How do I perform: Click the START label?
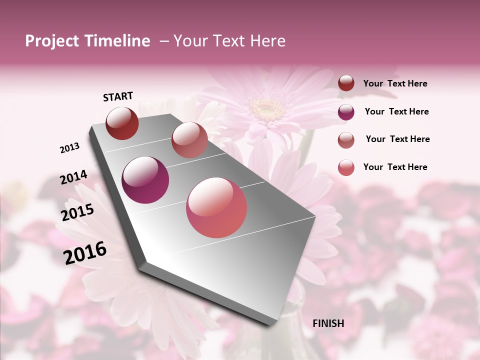tap(118, 96)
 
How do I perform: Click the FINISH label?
tap(328, 323)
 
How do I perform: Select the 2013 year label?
tap(69, 148)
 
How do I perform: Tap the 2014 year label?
tap(74, 177)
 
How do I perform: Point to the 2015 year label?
tap(77, 212)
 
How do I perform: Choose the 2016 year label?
tap(85, 253)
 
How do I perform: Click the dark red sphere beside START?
tap(122, 123)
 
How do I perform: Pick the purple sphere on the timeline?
tap(145, 180)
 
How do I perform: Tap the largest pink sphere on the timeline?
tap(216, 207)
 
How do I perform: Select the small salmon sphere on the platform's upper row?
tap(189, 140)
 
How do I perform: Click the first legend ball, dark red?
tap(346, 83)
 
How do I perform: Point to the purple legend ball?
tap(346, 111)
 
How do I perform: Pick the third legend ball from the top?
tap(346, 139)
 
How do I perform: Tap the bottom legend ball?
tap(346, 167)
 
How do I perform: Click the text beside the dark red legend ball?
tap(395, 83)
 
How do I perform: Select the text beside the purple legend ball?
tap(396, 111)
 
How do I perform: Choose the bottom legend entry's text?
tap(395, 167)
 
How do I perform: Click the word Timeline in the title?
tap(118, 41)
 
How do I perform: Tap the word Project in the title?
tap(52, 41)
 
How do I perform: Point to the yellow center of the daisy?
tap(268, 106)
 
